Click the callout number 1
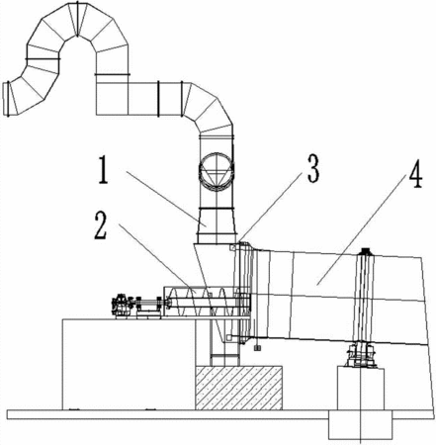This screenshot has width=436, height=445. (x=103, y=170)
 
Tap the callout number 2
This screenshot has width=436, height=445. (x=101, y=225)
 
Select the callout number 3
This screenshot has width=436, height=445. (x=313, y=168)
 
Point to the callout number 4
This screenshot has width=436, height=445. (x=415, y=174)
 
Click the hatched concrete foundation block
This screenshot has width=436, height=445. (x=239, y=388)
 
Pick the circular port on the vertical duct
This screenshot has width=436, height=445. (x=217, y=171)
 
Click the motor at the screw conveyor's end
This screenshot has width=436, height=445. (x=121, y=306)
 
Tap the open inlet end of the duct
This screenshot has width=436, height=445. (x=6, y=99)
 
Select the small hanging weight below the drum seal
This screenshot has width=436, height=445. (x=258, y=348)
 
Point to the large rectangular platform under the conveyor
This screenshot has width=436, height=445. (x=129, y=364)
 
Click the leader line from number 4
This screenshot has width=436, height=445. (x=362, y=229)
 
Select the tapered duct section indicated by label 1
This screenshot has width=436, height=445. (x=217, y=225)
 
